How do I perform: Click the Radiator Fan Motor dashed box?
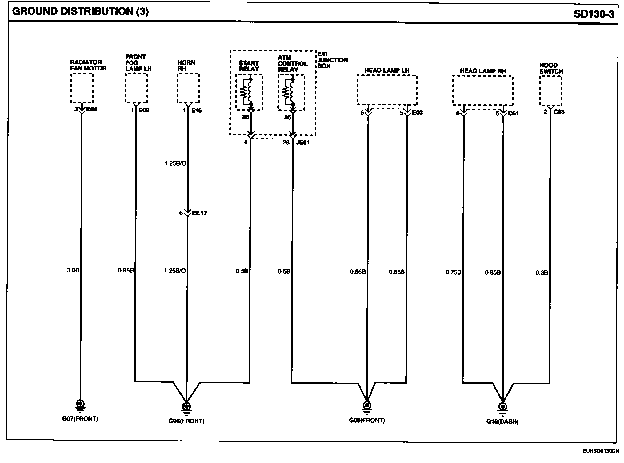pyautogui.click(x=82, y=88)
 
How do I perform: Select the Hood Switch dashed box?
pyautogui.click(x=551, y=91)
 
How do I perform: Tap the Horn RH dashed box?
pyautogui.click(x=188, y=88)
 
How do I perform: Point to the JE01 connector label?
pyautogui.click(x=302, y=143)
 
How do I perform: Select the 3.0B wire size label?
pyautogui.click(x=73, y=270)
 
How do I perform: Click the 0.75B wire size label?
pyautogui.click(x=453, y=272)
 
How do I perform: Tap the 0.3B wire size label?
pyautogui.click(x=542, y=273)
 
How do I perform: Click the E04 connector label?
pyautogui.click(x=92, y=109)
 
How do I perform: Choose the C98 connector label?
pyautogui.click(x=559, y=112)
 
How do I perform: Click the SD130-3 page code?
pyautogui.click(x=594, y=14)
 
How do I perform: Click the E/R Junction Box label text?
pyautogui.click(x=332, y=60)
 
